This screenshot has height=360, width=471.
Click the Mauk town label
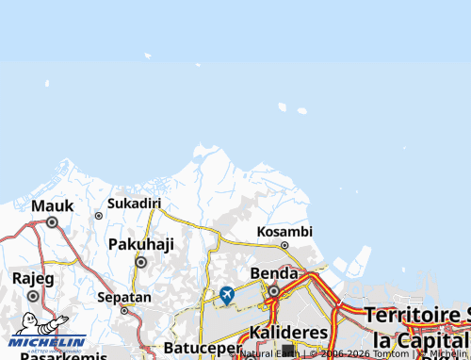point(52,205)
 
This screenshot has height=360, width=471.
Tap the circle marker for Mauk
point(52,223)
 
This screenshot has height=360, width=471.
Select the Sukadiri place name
point(134,203)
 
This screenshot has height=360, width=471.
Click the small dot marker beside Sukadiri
point(98,216)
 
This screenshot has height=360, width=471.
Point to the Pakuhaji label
point(141,244)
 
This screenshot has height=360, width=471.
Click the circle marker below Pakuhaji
point(141,262)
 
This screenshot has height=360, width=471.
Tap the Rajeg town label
point(33,278)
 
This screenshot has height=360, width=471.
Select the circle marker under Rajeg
point(33,295)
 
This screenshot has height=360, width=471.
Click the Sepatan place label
point(123,297)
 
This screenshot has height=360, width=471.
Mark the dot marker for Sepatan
point(123,310)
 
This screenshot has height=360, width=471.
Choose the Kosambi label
point(284,231)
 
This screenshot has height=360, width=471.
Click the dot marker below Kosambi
point(284,245)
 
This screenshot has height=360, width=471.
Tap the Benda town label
point(274,273)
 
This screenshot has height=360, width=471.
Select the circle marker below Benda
point(274,291)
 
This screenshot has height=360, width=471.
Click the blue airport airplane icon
point(227,295)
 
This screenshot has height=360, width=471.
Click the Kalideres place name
point(289,333)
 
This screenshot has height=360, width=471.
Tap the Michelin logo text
point(48,341)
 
